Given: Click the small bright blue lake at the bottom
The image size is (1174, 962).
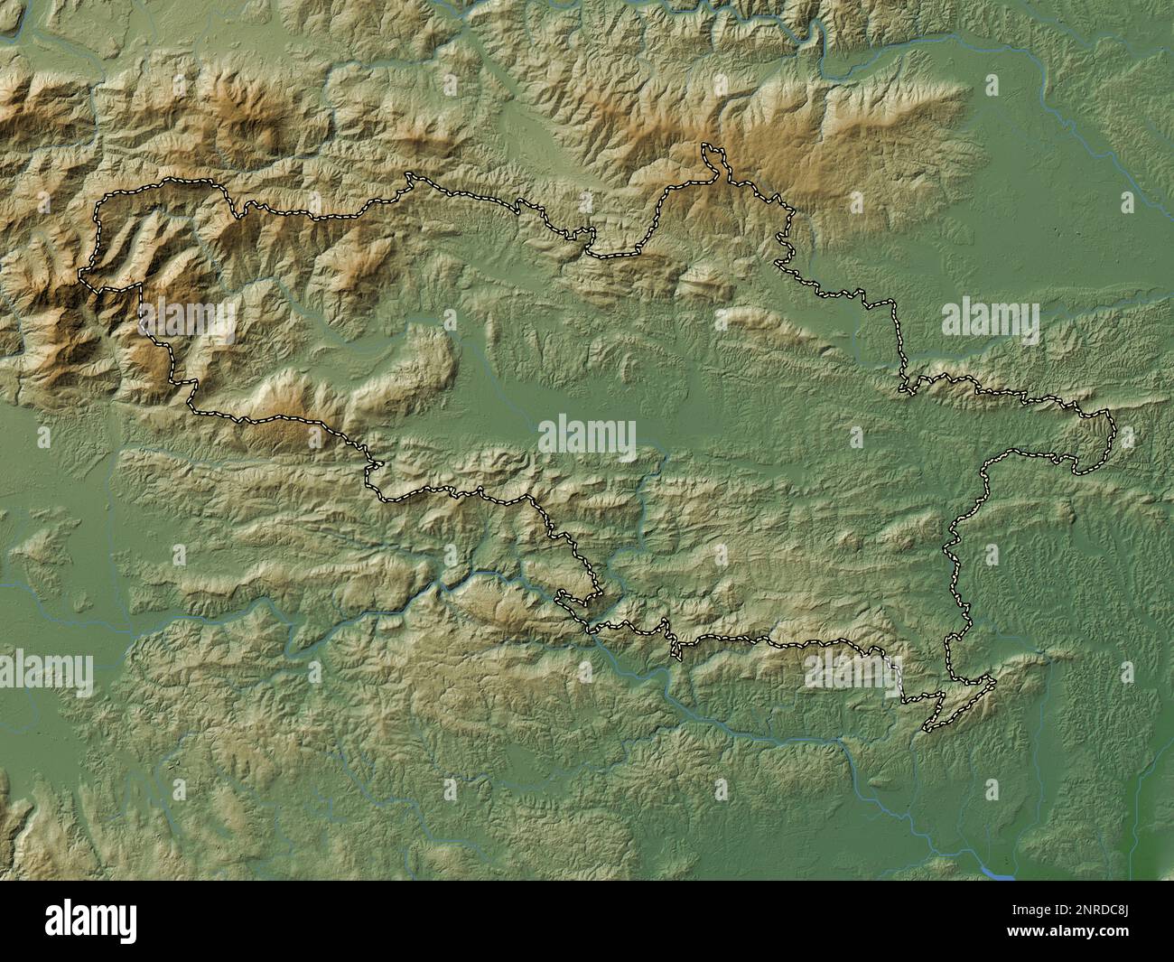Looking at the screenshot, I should (x=997, y=874).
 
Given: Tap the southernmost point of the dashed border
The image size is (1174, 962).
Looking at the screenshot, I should (x=927, y=728).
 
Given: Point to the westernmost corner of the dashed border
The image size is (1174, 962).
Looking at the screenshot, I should (x=83, y=274).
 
